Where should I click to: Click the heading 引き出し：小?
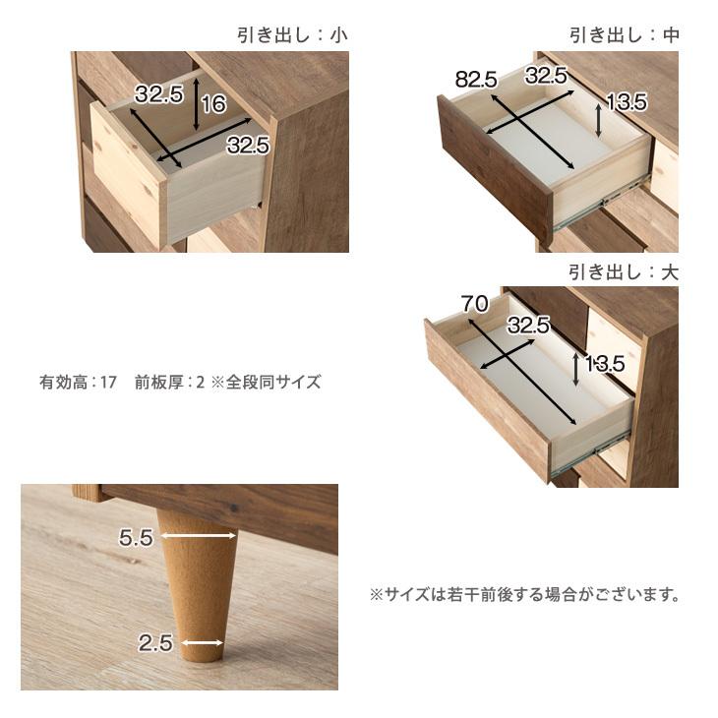coord(292,35)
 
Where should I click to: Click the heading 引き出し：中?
coord(624,35)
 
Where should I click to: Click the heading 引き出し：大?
coord(624,271)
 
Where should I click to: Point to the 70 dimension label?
coord(474,305)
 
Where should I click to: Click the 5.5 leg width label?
coord(137,537)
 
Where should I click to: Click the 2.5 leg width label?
coord(155,644)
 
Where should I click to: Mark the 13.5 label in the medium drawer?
coord(626,101)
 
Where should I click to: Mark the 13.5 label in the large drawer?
coord(605,364)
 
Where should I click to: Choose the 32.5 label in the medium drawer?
coord(546,75)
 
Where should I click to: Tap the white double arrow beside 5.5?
coord(199,536)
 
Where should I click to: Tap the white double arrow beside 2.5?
coord(202,644)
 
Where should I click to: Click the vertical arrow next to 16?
coord(199,111)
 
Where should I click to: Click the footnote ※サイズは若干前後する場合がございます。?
coord(524,595)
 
